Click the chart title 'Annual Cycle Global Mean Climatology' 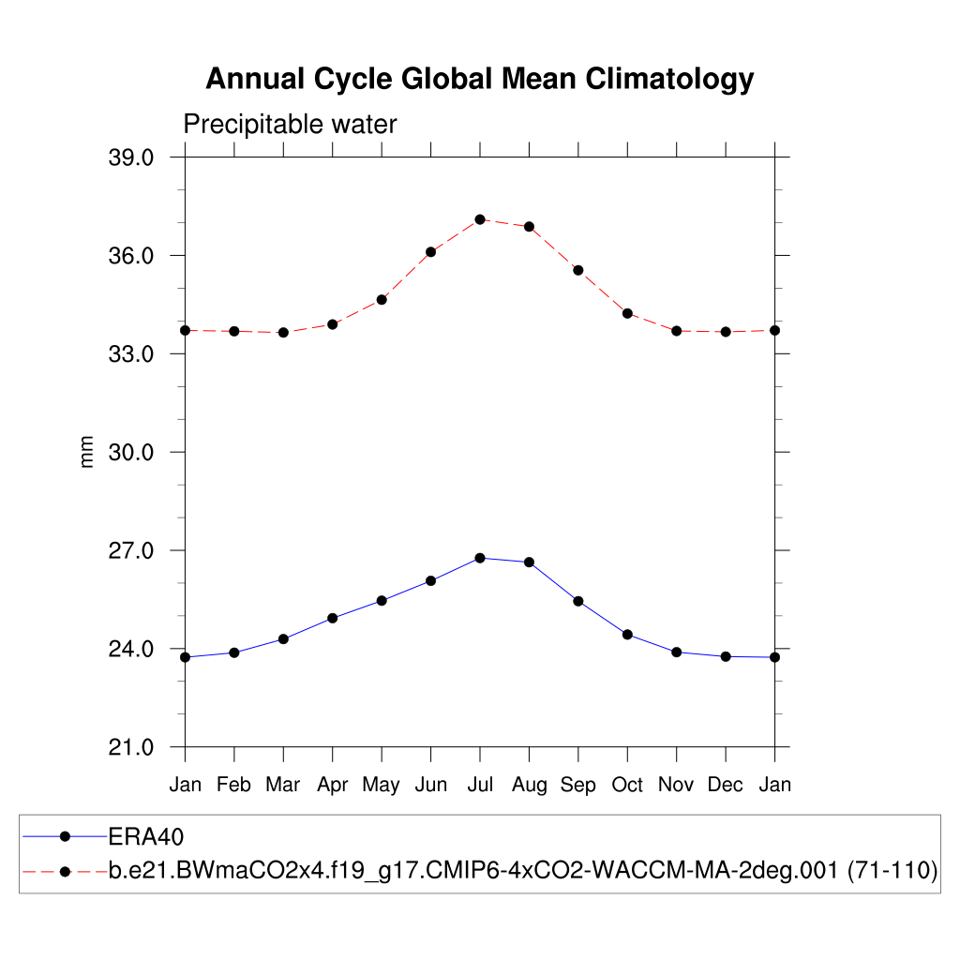click(479, 79)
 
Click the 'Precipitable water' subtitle click(290, 124)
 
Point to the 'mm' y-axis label click(87, 452)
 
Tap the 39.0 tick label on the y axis click(131, 157)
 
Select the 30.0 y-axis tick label click(131, 452)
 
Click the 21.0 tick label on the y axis click(131, 747)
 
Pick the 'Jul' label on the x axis click(480, 785)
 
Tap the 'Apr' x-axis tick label click(333, 785)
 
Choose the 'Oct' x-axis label click(627, 785)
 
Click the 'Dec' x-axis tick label click(726, 785)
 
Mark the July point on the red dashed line click(480, 219)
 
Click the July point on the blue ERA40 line click(480, 558)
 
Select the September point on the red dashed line click(578, 270)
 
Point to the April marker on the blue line click(333, 618)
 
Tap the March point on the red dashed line click(283, 333)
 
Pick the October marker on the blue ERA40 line click(627, 635)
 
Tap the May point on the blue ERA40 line click(382, 600)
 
